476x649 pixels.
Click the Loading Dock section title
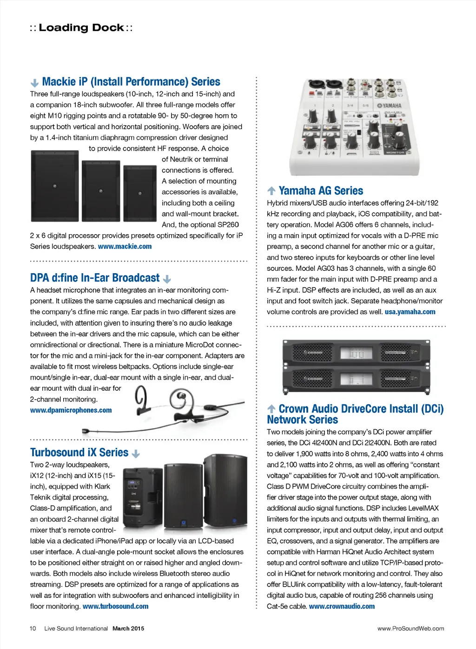tap(81, 28)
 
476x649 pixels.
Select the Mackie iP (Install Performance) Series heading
tap(131, 82)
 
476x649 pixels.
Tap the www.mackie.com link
tap(125, 247)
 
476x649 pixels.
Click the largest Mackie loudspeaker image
tap(54, 186)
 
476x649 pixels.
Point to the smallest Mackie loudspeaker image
tap(140, 193)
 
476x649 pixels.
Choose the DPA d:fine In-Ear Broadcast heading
tap(95, 278)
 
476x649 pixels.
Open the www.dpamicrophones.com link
tap(71, 410)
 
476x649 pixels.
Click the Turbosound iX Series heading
tap(79, 452)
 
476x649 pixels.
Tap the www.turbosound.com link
tap(116, 606)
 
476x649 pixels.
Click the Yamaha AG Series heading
tap(321, 191)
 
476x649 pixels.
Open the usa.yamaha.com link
tap(410, 312)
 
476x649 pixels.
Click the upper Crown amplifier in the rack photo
tap(356, 352)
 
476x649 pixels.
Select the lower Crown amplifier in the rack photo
tap(356, 379)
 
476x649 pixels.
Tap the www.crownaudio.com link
tap(342, 606)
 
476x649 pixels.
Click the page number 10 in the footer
tap(33, 629)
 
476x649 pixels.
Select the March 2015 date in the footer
tap(128, 629)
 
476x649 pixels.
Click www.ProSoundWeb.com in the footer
tap(410, 629)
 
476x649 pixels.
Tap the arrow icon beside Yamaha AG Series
tap(271, 191)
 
